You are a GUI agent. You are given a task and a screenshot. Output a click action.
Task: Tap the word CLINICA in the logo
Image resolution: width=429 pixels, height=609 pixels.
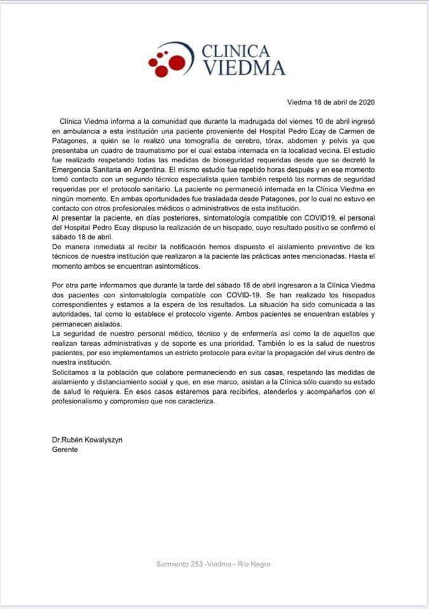[235, 51]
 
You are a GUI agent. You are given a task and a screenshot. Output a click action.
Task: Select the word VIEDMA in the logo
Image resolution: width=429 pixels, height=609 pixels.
[243, 68]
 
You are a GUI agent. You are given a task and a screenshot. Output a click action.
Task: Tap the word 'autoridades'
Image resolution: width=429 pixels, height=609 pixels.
[72, 314]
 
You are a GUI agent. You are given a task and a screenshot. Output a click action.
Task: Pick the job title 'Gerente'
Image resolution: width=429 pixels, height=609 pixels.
[65, 449]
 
